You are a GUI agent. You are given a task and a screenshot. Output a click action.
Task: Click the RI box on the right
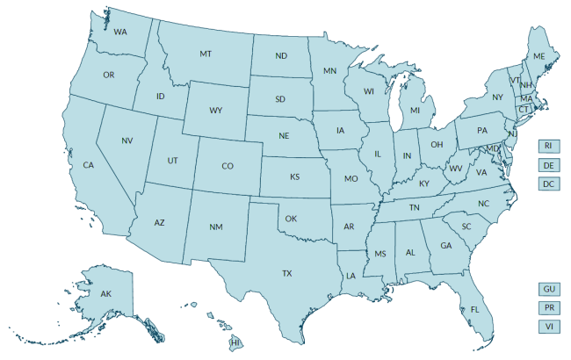(x=548, y=146)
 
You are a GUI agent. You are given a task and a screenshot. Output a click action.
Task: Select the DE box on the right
(x=548, y=165)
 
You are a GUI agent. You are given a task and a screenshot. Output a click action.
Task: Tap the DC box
(x=548, y=184)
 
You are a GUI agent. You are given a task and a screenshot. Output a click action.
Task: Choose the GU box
(x=548, y=289)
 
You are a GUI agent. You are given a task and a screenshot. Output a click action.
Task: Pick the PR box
(x=548, y=308)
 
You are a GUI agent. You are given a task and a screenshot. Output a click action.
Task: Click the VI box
(x=548, y=327)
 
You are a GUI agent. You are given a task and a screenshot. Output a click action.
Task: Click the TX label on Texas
(x=286, y=274)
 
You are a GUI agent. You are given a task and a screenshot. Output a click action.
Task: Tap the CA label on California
(x=88, y=165)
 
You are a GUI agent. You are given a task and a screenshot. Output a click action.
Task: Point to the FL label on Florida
(x=474, y=310)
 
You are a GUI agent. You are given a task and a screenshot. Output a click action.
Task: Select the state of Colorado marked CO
(x=227, y=166)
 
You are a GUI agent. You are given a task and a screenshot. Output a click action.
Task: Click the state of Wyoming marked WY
(x=215, y=112)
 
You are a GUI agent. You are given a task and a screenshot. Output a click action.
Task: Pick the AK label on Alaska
(x=105, y=293)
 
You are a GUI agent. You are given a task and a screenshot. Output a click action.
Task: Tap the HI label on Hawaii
(x=235, y=341)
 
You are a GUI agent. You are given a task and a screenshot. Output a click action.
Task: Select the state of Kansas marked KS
(x=295, y=176)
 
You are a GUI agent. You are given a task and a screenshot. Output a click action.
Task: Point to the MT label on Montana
(x=206, y=54)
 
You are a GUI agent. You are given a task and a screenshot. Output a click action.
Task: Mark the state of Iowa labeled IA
(x=340, y=131)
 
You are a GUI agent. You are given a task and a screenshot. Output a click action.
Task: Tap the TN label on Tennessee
(x=413, y=207)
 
